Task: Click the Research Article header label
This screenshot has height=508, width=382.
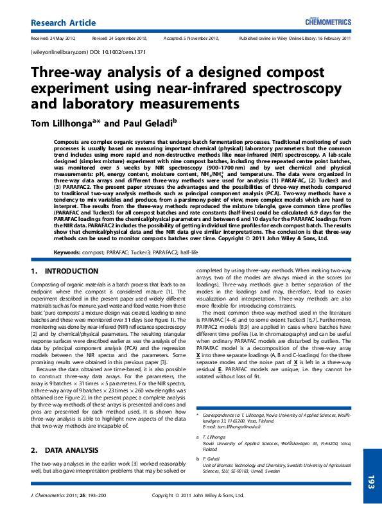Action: pos(60,23)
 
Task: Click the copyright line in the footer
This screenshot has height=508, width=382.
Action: pos(197,495)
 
